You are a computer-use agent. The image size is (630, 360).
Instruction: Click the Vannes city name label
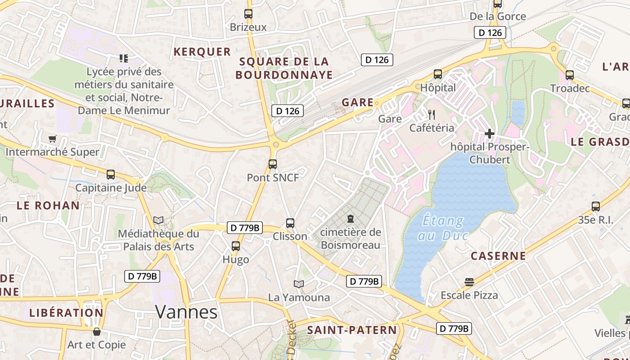coord(186,311)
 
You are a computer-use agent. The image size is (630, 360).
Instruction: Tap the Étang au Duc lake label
coord(444,228)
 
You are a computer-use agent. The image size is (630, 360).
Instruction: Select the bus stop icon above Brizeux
coord(248,13)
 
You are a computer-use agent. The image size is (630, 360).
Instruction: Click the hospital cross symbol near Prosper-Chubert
coord(490,133)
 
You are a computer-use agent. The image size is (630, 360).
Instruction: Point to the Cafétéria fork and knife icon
coord(432,114)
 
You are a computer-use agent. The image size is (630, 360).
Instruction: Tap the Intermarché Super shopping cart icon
coord(53,139)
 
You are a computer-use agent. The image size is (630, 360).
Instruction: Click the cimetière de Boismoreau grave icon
coord(351,219)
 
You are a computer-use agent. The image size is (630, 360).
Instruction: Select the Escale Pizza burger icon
coord(469,282)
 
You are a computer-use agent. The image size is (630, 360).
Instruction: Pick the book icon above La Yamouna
coord(299,284)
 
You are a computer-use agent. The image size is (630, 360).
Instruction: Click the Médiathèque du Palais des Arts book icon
coord(158,220)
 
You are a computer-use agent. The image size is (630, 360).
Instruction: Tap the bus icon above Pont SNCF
coord(273,164)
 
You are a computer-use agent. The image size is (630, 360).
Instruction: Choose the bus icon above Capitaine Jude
coord(111,174)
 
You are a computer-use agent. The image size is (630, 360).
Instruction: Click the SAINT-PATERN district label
coord(352,330)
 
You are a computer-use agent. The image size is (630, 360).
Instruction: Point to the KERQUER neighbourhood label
coord(202,52)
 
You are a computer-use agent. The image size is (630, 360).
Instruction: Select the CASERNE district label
coord(498,256)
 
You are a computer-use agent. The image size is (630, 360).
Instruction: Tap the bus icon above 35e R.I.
coord(596,207)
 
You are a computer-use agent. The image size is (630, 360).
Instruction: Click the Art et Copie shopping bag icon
coord(96,332)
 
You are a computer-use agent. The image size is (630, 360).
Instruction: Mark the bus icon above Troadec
coord(570,75)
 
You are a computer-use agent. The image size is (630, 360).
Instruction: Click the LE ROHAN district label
coord(48,206)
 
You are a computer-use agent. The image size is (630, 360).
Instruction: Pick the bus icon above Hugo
coord(236,246)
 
